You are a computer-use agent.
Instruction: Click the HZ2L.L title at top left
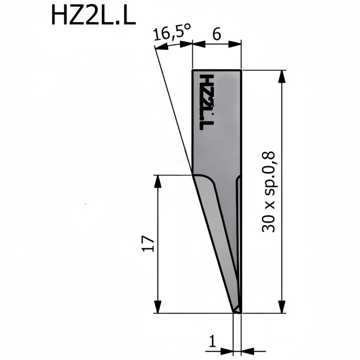pyautogui.click(x=94, y=15)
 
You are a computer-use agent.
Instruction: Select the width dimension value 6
pyautogui.click(x=217, y=34)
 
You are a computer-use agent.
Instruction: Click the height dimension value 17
pyautogui.click(x=148, y=243)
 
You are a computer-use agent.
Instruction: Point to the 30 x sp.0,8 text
pyautogui.click(x=268, y=192)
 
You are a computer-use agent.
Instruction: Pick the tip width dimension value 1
pyautogui.click(x=213, y=341)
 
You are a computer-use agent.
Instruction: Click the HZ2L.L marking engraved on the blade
pyautogui.click(x=207, y=103)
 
